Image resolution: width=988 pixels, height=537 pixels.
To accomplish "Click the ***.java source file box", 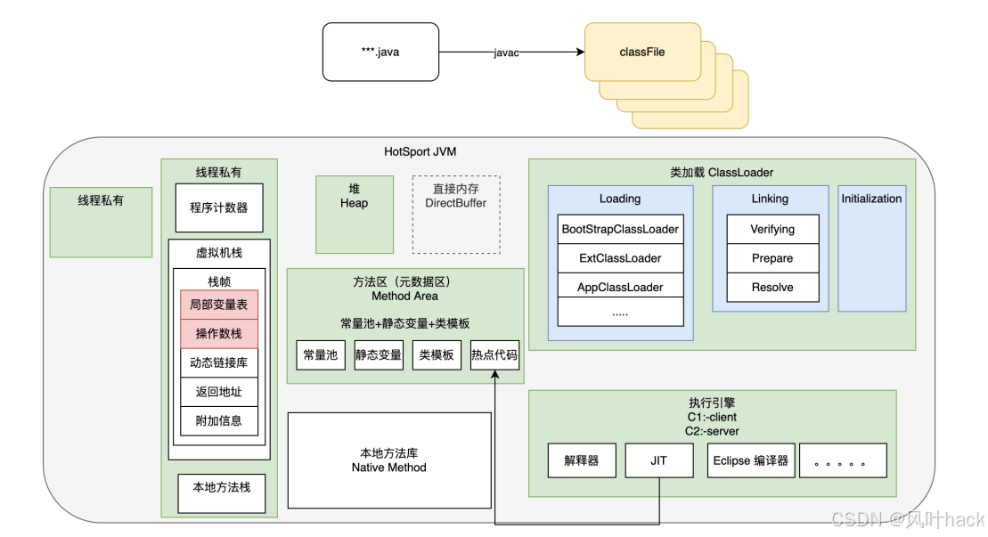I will coord(380,53).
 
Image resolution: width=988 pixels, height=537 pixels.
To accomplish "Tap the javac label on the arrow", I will coord(506,53).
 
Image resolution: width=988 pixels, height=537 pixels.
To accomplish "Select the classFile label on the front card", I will coord(642,52).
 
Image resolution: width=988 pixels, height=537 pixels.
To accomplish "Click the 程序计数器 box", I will coord(219,207).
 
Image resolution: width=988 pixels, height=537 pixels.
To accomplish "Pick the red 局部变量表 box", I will coord(219,305).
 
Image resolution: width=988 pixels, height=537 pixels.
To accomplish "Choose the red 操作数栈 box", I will coord(219,334).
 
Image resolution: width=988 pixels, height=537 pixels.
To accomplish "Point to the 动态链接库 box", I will coord(219,362).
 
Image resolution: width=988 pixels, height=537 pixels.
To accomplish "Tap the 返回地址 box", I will coord(219,392).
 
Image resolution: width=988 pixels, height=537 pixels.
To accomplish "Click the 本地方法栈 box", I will coord(222,487).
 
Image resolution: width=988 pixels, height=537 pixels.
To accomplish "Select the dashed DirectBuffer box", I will coord(456,214).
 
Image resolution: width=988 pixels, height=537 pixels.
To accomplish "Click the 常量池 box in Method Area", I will coord(321,354).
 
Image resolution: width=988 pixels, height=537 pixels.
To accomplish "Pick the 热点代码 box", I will coord(494,354).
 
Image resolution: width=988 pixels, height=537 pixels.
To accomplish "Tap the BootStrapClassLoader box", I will coord(620,229).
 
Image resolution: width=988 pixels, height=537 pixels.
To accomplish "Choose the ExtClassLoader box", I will coord(620,258).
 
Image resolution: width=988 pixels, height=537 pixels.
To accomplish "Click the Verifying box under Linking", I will coord(772,229).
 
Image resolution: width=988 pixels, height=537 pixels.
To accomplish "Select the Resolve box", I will coord(772,288).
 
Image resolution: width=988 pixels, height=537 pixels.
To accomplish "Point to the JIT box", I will coord(659,460).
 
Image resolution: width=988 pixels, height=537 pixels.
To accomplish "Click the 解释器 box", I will coord(582,460).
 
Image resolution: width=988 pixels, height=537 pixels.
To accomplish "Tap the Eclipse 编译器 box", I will coord(750,460).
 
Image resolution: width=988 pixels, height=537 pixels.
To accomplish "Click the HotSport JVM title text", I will coord(421,151).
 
